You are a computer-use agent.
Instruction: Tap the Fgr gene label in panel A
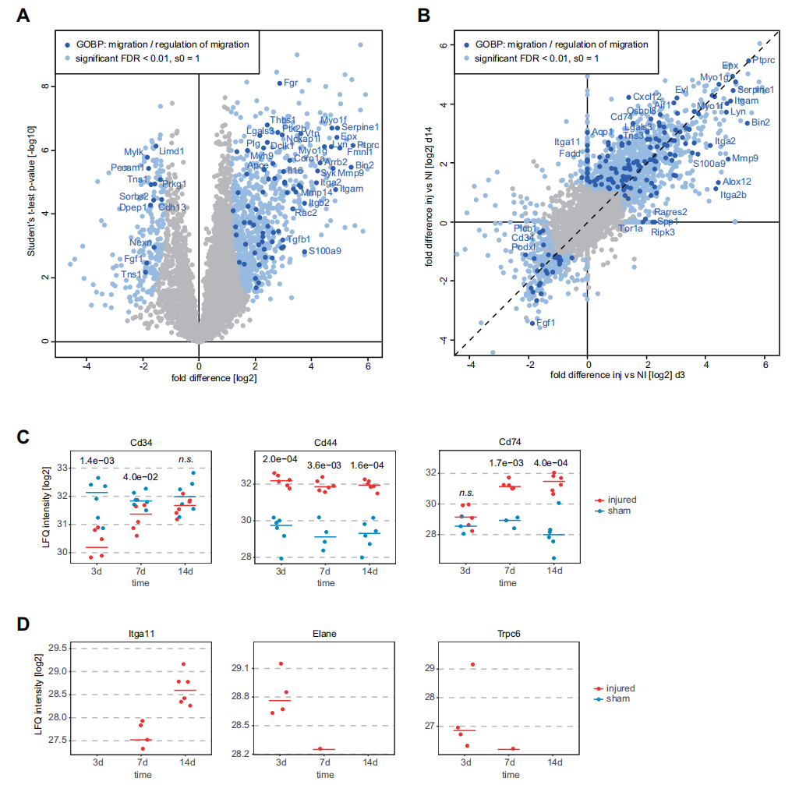click(x=291, y=82)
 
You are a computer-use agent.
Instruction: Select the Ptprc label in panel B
click(x=763, y=59)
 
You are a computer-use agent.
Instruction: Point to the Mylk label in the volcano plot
click(x=133, y=151)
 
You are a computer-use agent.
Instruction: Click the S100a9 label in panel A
click(x=324, y=251)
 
